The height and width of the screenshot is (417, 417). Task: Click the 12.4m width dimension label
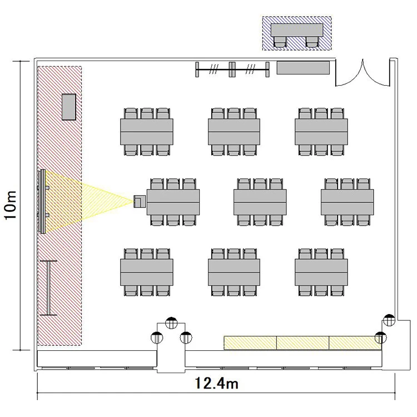point(217,384)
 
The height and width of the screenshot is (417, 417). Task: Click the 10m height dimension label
point(11,205)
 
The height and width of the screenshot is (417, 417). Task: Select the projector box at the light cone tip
point(140,202)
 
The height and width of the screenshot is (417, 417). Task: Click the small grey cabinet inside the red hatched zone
point(69,107)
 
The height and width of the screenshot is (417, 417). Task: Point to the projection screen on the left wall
point(42,202)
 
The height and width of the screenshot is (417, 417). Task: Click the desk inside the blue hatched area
point(297,30)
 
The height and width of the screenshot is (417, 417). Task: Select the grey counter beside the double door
point(303,67)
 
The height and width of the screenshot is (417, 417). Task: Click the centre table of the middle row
point(260,202)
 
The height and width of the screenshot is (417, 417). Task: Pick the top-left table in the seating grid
point(147,132)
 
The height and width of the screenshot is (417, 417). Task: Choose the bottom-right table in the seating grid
point(321,272)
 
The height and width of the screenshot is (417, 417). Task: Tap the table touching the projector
point(173,202)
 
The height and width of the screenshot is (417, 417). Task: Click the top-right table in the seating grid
point(321,132)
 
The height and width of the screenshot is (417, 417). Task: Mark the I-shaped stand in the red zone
point(48,288)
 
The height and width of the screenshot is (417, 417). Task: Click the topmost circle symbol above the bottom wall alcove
point(171,323)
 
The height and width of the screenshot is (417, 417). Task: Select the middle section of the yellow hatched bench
point(303,342)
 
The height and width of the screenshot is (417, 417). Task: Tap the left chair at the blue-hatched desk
point(280,42)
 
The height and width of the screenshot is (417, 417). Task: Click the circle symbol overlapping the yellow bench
point(380,337)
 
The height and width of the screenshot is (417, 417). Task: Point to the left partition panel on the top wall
point(214,69)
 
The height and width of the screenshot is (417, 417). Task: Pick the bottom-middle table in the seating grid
point(234,272)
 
